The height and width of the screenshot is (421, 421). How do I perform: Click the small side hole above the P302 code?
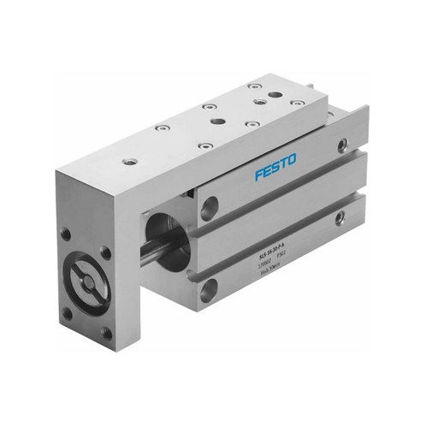340,219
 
